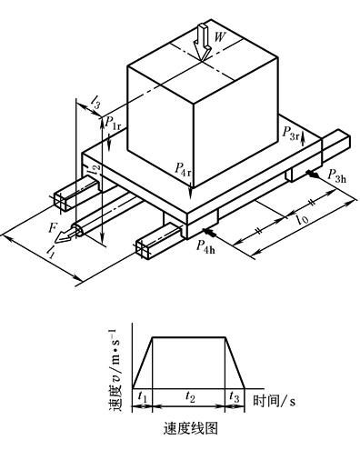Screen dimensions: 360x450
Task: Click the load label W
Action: [x=220, y=37]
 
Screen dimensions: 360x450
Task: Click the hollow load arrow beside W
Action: [x=203, y=43]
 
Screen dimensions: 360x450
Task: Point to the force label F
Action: [x=53, y=227]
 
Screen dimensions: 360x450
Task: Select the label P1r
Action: [x=113, y=123]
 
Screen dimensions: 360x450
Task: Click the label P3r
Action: [x=290, y=133]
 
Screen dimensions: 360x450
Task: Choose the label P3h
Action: [x=336, y=175]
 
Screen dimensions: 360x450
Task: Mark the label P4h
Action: [x=205, y=246]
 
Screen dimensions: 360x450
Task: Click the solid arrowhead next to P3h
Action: [x=313, y=174]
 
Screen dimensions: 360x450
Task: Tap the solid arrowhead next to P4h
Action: [x=210, y=233]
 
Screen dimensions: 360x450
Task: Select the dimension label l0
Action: [x=303, y=218]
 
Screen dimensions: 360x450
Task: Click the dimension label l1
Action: [x=50, y=252]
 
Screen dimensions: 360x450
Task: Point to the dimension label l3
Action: [x=95, y=102]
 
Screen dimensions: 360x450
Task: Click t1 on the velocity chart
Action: [x=142, y=396]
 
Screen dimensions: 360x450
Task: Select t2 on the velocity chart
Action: [x=190, y=396]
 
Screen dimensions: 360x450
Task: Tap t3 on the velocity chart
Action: [x=235, y=396]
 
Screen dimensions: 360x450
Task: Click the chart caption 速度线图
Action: [x=191, y=428]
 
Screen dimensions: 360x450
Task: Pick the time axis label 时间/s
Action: [x=274, y=401]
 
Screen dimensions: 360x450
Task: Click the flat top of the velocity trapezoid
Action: [x=189, y=336]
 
